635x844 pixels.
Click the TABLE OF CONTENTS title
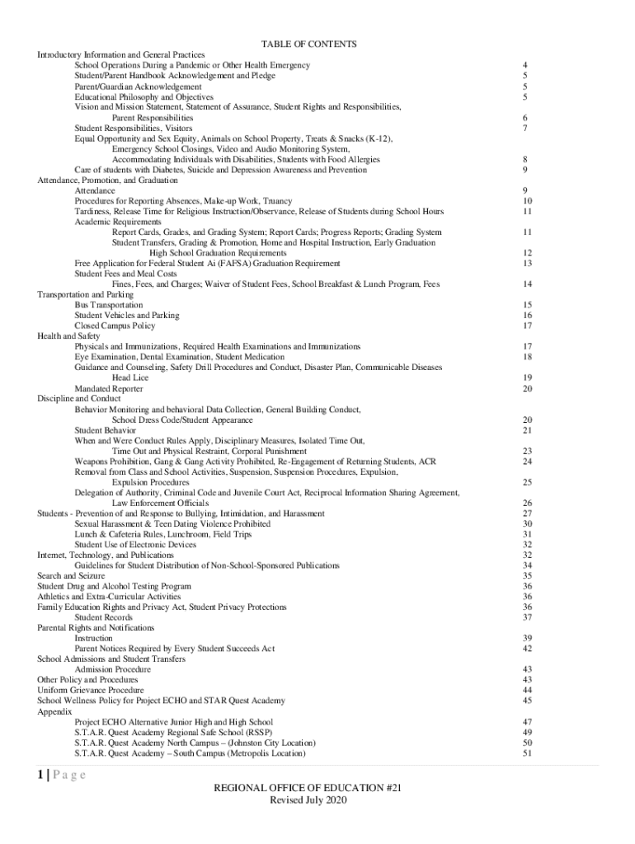pos(308,44)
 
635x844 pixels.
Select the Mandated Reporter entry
pos(109,388)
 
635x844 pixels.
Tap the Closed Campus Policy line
pos(115,326)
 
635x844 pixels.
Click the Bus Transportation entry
pos(108,305)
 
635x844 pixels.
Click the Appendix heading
pos(54,710)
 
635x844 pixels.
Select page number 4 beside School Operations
pos(525,64)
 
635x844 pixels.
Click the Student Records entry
pos(103,617)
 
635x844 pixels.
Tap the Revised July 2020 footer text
pos(308,801)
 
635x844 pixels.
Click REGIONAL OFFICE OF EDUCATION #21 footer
pos(308,789)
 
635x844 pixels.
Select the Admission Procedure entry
pos(113,669)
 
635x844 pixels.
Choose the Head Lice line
pos(130,377)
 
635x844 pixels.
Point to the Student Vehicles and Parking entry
pos(126,315)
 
